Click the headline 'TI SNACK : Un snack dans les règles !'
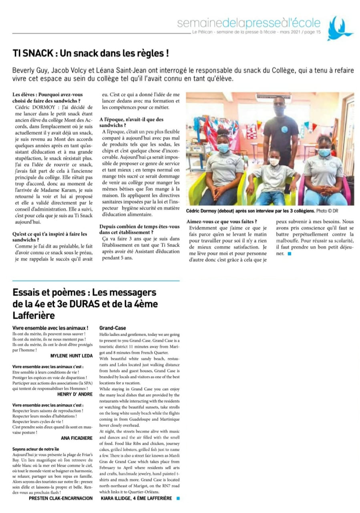pyautogui.click(x=90, y=53)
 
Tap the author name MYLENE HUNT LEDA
pyautogui.click(x=71, y=355)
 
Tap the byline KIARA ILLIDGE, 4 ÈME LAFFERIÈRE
pyautogui.click(x=136, y=498)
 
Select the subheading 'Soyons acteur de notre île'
pyautogui.click(x=36, y=449)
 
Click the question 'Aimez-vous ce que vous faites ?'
pyautogui.click(x=222, y=222)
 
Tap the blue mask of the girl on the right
pyautogui.click(x=324, y=153)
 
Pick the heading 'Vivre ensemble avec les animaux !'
pyautogui.click(x=50, y=328)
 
